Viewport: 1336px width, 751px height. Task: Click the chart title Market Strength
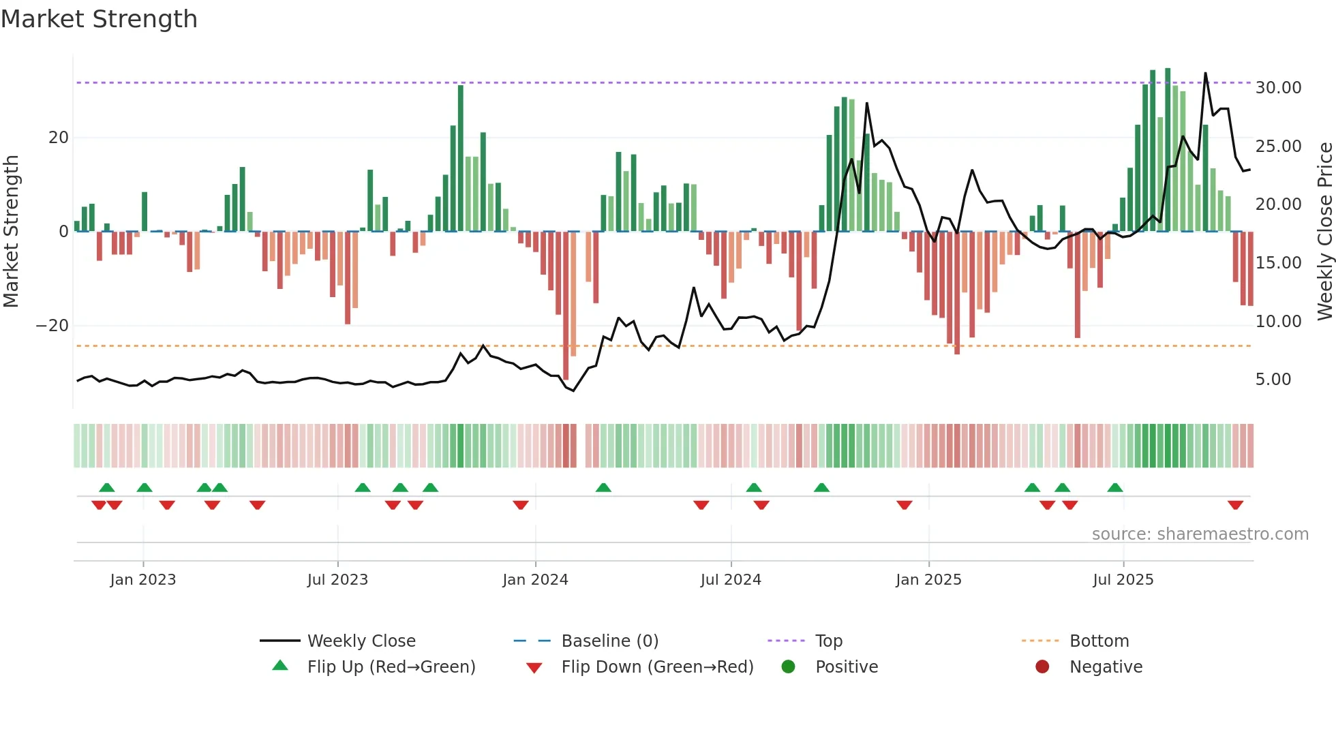click(x=99, y=19)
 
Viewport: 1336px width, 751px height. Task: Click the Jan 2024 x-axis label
click(x=535, y=580)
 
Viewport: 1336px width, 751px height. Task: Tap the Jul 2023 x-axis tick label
click(x=337, y=580)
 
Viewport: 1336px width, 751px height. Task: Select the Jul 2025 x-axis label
click(x=1123, y=580)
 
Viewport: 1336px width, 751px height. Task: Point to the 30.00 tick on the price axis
click(x=1278, y=88)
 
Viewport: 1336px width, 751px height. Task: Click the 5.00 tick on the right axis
click(x=1273, y=380)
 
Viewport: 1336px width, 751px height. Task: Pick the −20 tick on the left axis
click(x=52, y=326)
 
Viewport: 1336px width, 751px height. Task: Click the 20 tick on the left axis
click(x=59, y=138)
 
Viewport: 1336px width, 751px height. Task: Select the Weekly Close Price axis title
click(x=1324, y=232)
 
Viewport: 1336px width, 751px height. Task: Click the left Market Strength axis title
click(x=12, y=232)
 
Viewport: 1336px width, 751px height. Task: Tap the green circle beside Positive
click(x=788, y=667)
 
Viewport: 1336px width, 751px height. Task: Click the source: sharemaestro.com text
click(x=1200, y=534)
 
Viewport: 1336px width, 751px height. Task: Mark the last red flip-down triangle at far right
click(x=1235, y=505)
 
